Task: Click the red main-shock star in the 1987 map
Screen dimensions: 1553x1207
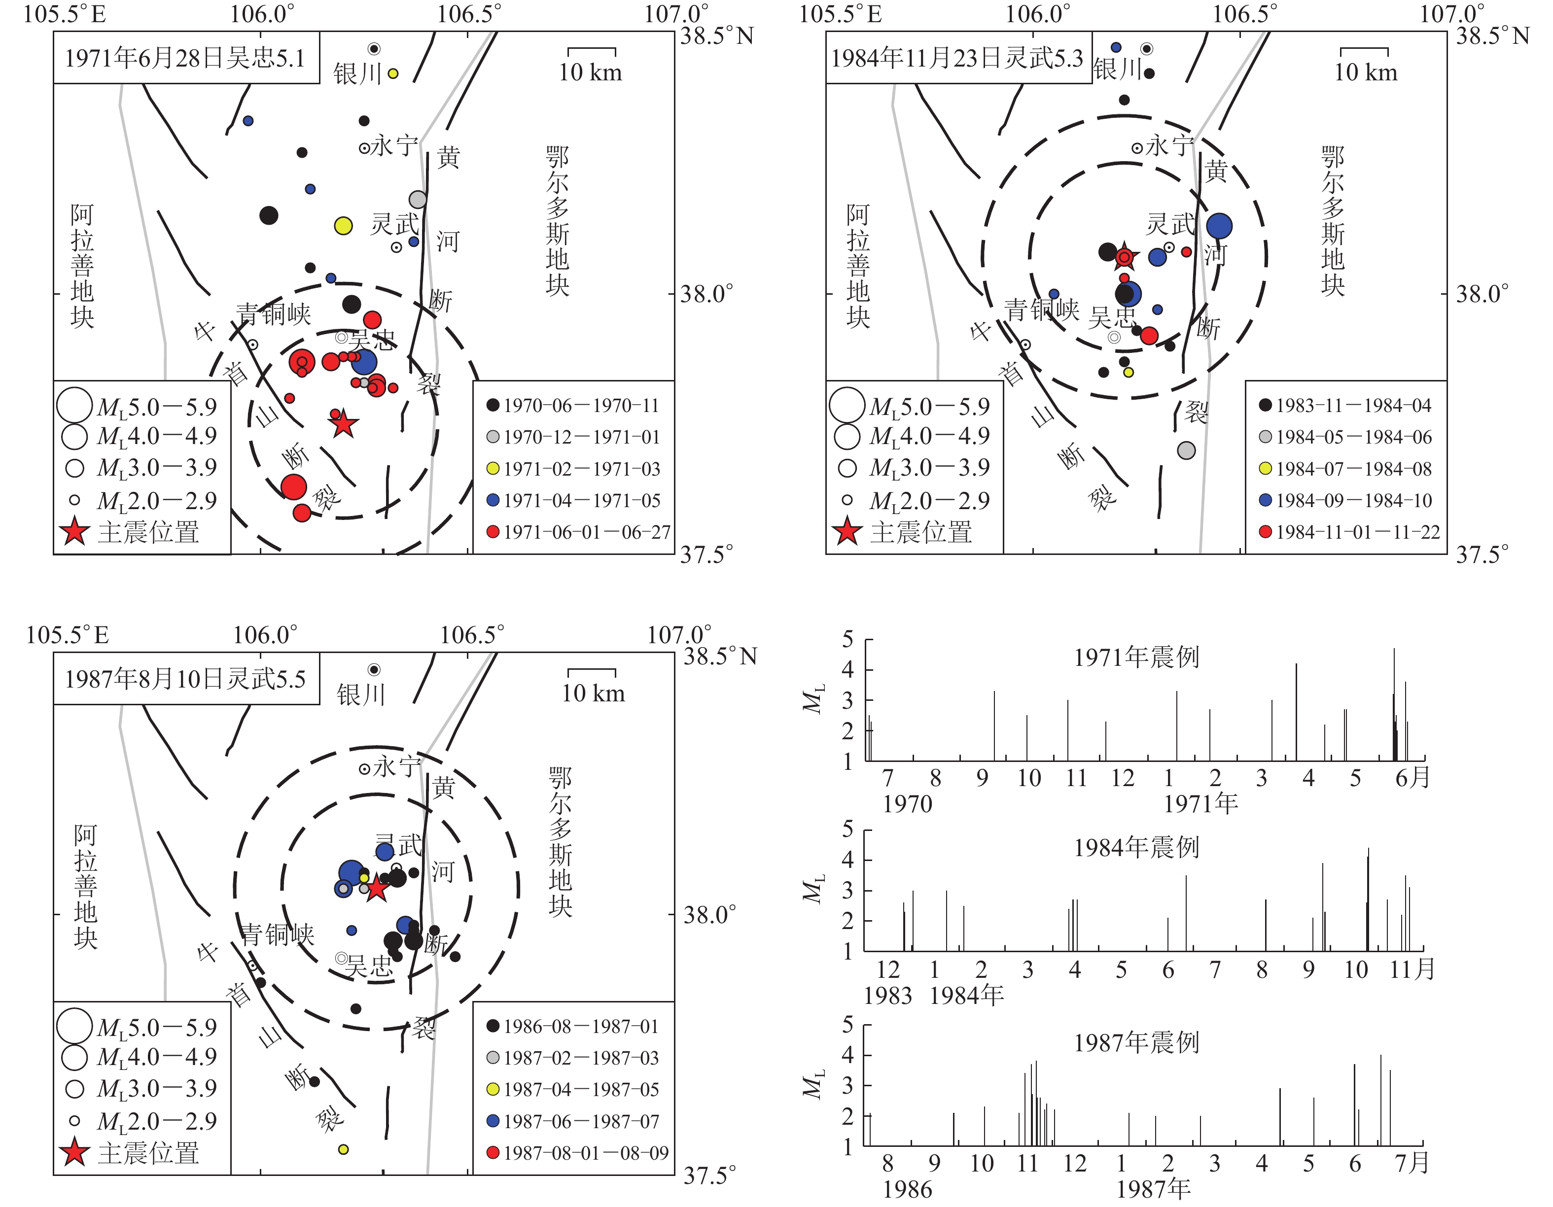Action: click(x=376, y=888)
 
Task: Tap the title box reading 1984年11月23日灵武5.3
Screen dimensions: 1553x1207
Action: click(x=958, y=58)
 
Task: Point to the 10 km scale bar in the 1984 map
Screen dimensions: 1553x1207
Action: click(x=1365, y=50)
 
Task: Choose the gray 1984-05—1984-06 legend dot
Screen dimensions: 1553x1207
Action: click(x=1265, y=437)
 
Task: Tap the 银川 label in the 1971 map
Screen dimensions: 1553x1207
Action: click(x=357, y=73)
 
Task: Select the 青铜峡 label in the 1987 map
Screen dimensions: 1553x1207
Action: click(x=277, y=934)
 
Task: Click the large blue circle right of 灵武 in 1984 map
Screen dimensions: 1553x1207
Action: click(x=1219, y=226)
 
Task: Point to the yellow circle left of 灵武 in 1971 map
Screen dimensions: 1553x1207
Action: click(x=344, y=226)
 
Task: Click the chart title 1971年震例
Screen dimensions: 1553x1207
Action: click(x=1136, y=657)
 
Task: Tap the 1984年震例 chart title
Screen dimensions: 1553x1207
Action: click(x=1136, y=847)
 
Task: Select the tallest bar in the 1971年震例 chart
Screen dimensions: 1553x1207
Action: click(x=1394, y=704)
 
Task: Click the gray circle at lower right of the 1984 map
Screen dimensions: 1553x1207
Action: click(x=1186, y=450)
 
